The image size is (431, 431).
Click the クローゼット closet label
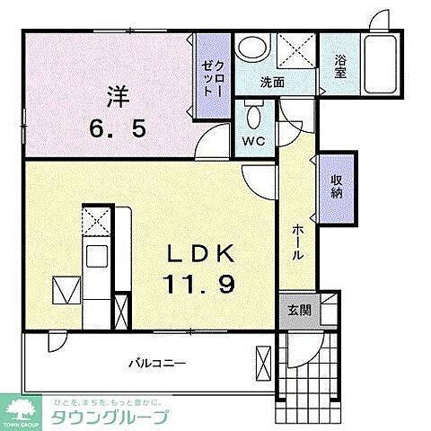click(x=213, y=75)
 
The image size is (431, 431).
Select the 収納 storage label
click(x=337, y=186)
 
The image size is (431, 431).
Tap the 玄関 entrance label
click(x=299, y=311)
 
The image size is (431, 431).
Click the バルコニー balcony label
click(x=156, y=364)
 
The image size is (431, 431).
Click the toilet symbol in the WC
click(x=253, y=115)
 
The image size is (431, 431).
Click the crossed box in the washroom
click(x=295, y=50)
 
